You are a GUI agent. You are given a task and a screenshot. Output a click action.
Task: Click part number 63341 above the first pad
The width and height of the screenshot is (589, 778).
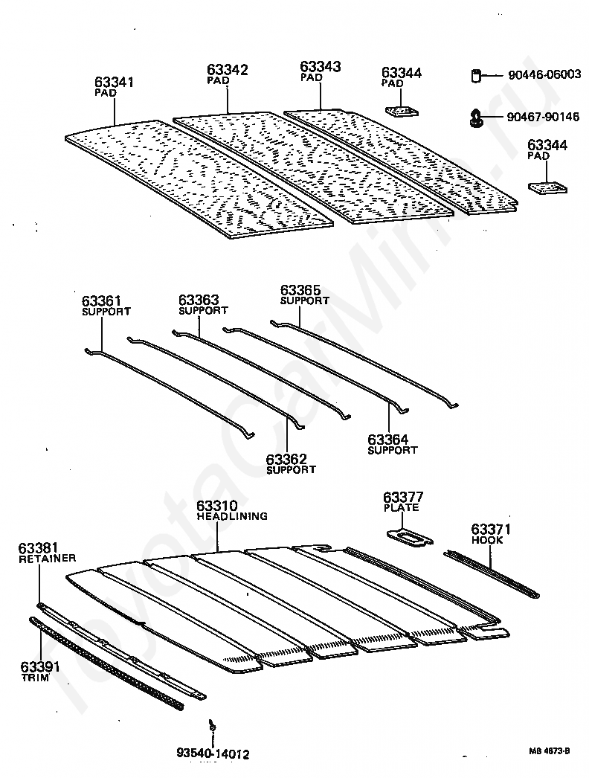tap(114, 82)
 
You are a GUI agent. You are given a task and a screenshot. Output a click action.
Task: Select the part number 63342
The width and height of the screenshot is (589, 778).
tap(228, 70)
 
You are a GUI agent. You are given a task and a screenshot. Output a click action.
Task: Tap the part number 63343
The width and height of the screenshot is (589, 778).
tap(321, 67)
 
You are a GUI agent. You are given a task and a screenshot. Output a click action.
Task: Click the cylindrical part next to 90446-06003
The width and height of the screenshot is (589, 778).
tap(476, 74)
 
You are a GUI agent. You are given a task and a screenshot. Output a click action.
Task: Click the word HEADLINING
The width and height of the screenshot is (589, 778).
tap(232, 515)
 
